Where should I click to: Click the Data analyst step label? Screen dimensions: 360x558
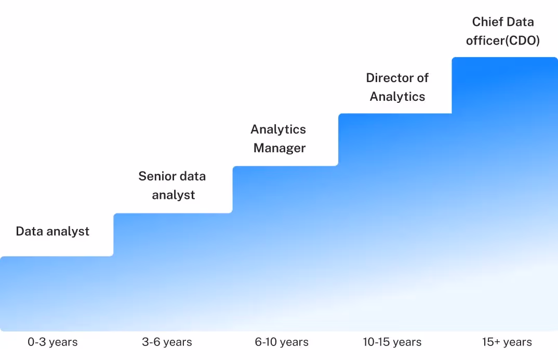click(52, 231)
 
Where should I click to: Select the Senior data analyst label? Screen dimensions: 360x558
click(172, 185)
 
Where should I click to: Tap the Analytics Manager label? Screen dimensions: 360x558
click(278, 139)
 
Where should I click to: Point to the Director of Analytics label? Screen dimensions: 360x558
click(397, 87)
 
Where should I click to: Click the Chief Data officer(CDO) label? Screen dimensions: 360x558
click(503, 31)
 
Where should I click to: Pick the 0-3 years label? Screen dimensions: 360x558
click(52, 342)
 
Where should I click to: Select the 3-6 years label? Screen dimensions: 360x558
click(167, 342)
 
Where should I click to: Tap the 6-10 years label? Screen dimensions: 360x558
click(282, 342)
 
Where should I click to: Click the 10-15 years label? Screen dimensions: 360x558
click(392, 342)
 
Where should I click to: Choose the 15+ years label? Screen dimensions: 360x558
click(507, 342)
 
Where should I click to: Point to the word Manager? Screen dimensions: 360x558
click(280, 148)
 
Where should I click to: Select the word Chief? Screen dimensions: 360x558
click(486, 22)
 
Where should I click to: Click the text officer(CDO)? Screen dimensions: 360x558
click(503, 41)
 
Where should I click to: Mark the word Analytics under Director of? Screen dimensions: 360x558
click(397, 96)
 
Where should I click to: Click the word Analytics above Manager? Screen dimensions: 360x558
click(278, 129)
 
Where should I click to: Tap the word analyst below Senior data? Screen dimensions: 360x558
click(174, 195)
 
